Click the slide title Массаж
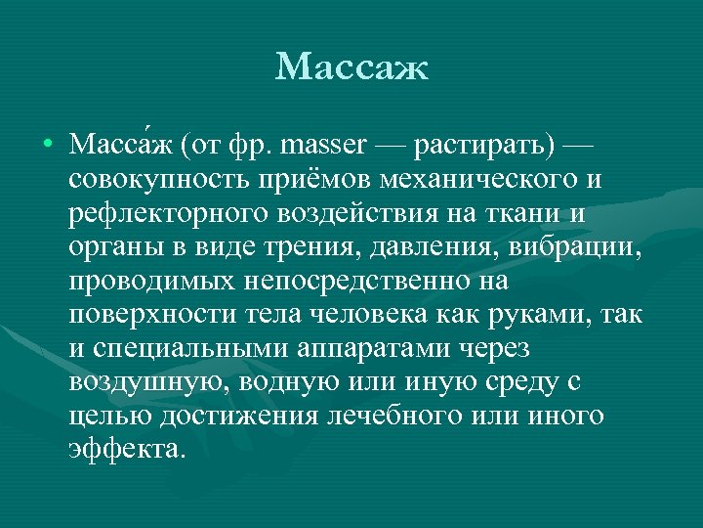(x=351, y=67)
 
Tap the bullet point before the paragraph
(x=47, y=147)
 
